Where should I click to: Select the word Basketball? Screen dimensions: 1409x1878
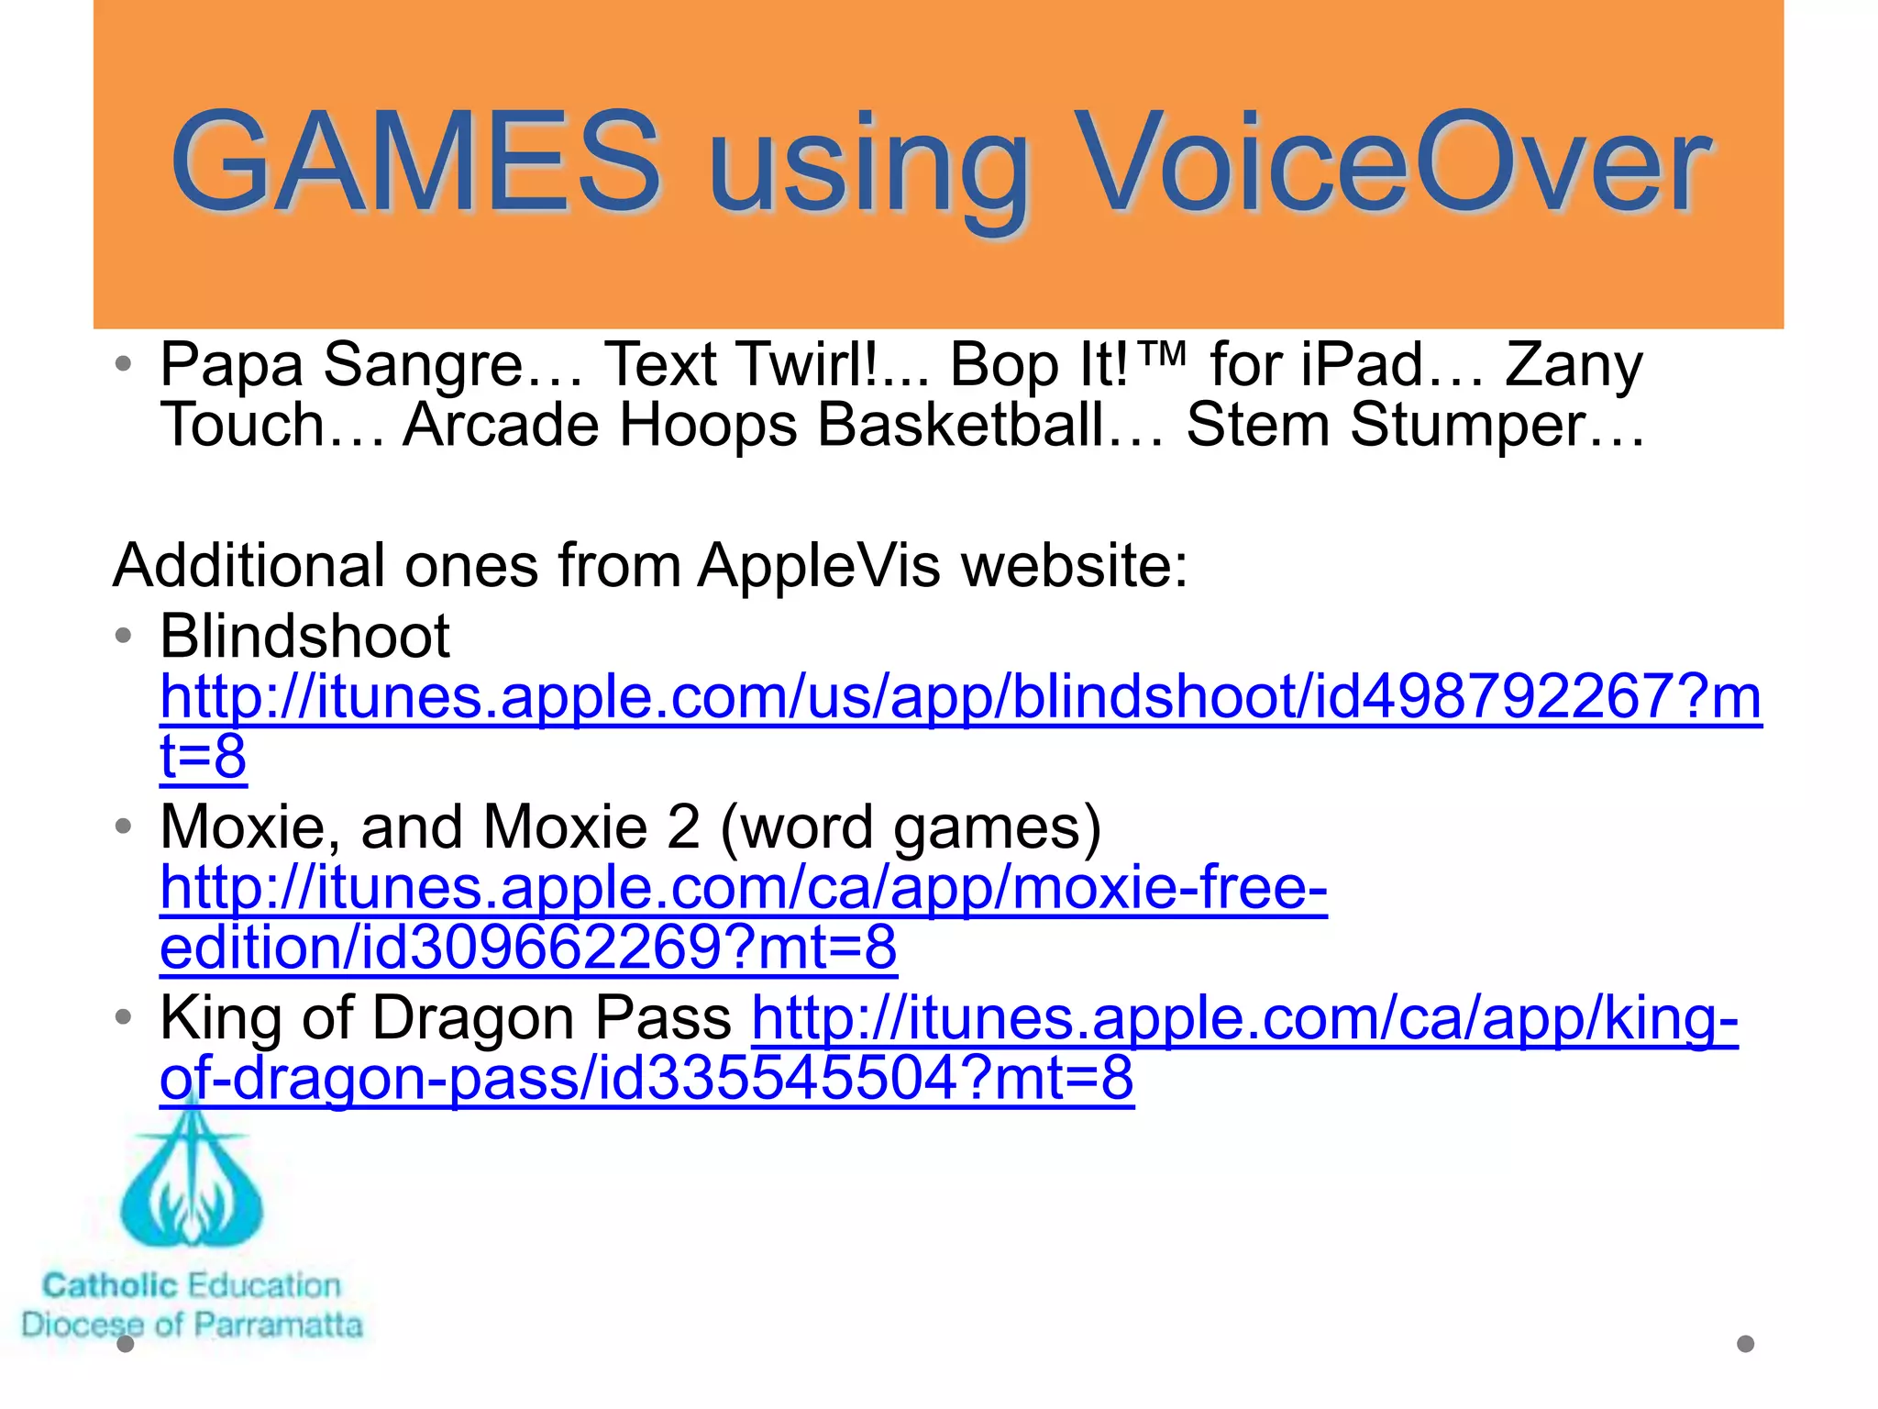990,426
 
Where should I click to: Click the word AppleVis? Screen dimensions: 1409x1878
819,565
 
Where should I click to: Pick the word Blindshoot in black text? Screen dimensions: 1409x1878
304,637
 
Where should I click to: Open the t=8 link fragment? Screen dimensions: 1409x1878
203,757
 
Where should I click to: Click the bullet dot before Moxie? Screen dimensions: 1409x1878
124,827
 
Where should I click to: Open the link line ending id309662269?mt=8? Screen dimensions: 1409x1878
528,948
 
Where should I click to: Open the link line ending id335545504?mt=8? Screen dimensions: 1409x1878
646,1078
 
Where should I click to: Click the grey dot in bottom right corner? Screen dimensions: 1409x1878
1745,1344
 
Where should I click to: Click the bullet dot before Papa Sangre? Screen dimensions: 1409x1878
124,364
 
